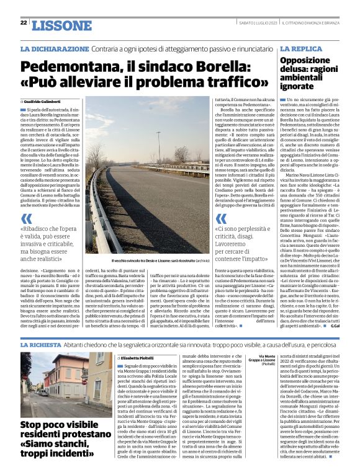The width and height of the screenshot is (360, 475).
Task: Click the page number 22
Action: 24,23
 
